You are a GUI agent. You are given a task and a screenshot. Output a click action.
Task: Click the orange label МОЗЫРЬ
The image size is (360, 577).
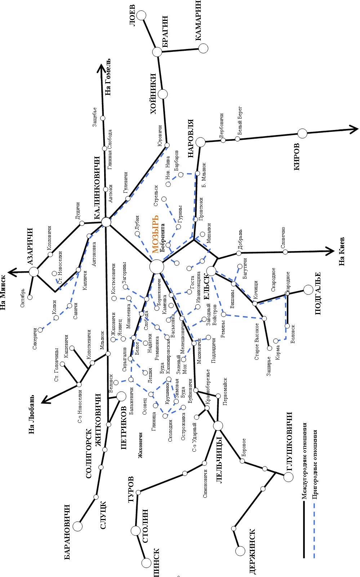[x=155, y=234]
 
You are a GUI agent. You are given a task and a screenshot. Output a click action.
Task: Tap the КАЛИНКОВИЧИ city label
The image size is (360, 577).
[x=97, y=188]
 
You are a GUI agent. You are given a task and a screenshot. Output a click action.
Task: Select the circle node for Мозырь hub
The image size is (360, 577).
[x=156, y=267]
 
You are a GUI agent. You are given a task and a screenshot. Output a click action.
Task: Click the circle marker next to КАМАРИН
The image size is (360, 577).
[x=204, y=48]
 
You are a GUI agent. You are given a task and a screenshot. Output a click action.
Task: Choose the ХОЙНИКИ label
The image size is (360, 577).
[x=154, y=94]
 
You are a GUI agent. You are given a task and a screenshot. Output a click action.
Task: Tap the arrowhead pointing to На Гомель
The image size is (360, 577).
[x=102, y=68]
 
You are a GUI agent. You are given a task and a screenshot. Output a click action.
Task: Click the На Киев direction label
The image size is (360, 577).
[x=342, y=251]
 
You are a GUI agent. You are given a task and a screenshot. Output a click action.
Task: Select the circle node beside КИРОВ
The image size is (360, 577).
[x=302, y=133]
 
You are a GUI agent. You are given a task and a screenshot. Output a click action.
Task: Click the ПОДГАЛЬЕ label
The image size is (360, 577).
[x=318, y=293]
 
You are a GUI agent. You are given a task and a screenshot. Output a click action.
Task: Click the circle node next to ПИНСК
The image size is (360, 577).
[x=146, y=563]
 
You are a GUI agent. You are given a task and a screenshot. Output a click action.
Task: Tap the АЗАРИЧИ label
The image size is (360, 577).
[x=30, y=246]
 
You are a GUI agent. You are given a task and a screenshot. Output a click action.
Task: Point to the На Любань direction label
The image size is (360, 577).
[x=32, y=414]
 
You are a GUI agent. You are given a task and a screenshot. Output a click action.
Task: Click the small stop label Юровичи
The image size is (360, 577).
[x=160, y=135]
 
